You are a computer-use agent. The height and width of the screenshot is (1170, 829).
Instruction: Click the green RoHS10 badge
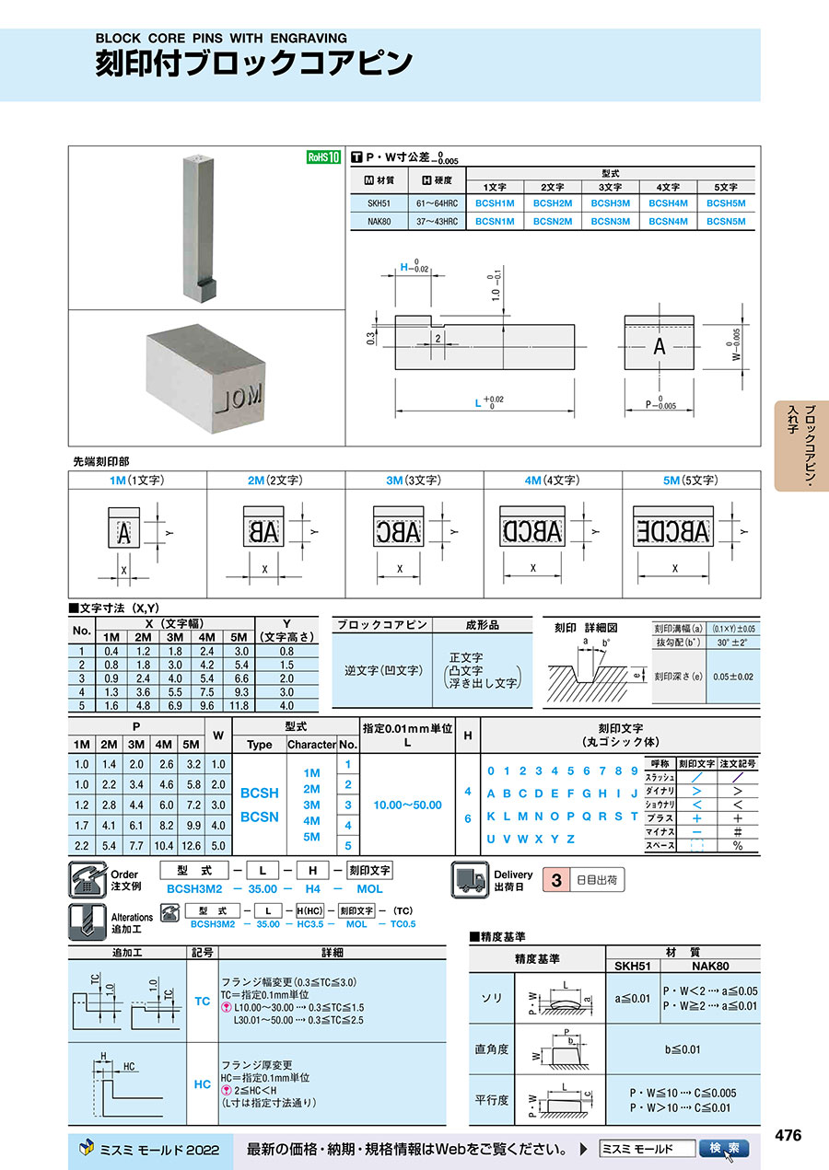tap(323, 157)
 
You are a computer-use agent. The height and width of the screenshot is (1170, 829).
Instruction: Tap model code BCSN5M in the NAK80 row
tap(725, 221)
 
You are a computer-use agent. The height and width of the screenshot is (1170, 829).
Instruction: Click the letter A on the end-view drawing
tap(659, 347)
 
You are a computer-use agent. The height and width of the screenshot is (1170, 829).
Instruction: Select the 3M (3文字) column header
tap(414, 481)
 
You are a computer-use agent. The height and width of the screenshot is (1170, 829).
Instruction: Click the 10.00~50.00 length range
tap(407, 805)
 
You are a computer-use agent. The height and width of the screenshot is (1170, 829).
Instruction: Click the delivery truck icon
tap(470, 880)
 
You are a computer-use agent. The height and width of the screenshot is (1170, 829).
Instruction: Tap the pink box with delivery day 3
tap(555, 880)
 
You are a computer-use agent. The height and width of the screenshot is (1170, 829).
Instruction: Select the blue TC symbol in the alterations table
tap(203, 1001)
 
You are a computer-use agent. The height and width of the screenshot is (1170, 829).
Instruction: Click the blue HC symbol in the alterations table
tap(203, 1084)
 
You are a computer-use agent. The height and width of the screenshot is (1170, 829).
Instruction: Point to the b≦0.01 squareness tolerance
tap(683, 1049)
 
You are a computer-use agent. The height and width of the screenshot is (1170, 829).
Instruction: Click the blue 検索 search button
tap(725, 1149)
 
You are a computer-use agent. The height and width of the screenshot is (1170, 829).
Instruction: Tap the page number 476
tap(788, 1136)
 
